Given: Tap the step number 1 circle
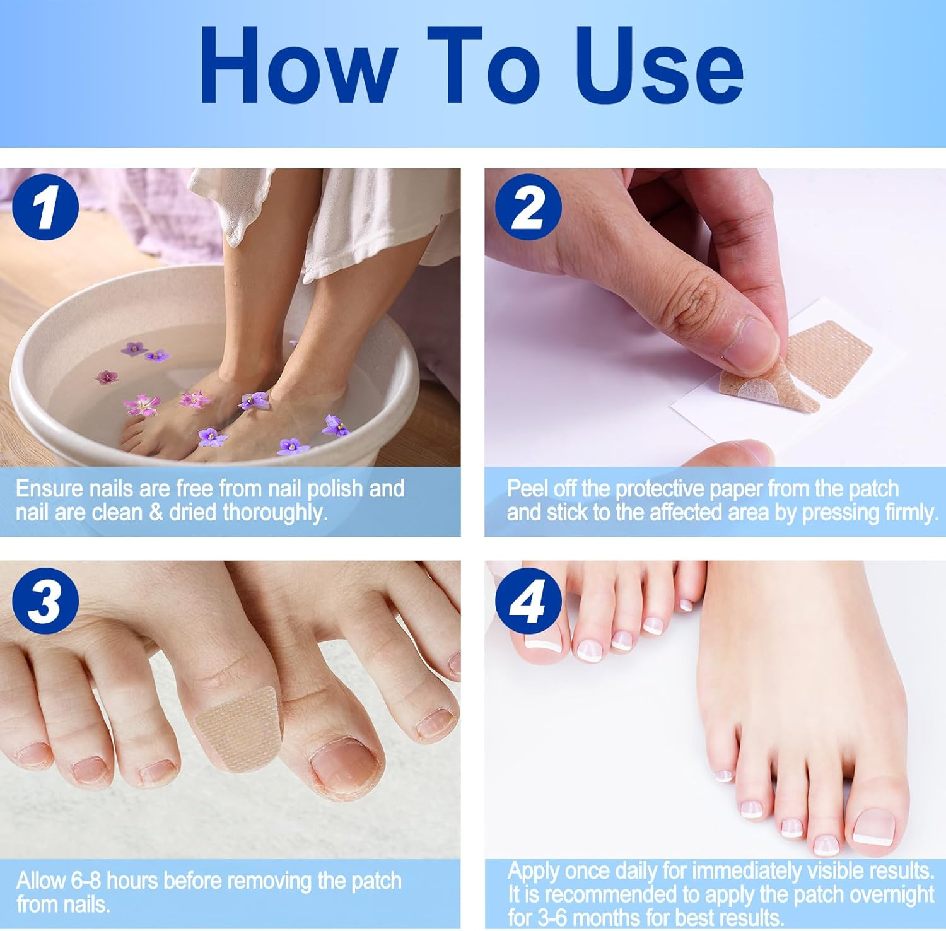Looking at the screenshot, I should coord(45,207).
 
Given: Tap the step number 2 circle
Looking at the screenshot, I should coord(528,207).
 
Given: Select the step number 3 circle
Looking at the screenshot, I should coord(45,600).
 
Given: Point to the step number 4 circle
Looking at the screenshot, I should coord(528,600).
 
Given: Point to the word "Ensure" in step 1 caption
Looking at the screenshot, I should coord(49,489).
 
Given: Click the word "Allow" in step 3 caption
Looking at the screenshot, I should coord(41,881).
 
